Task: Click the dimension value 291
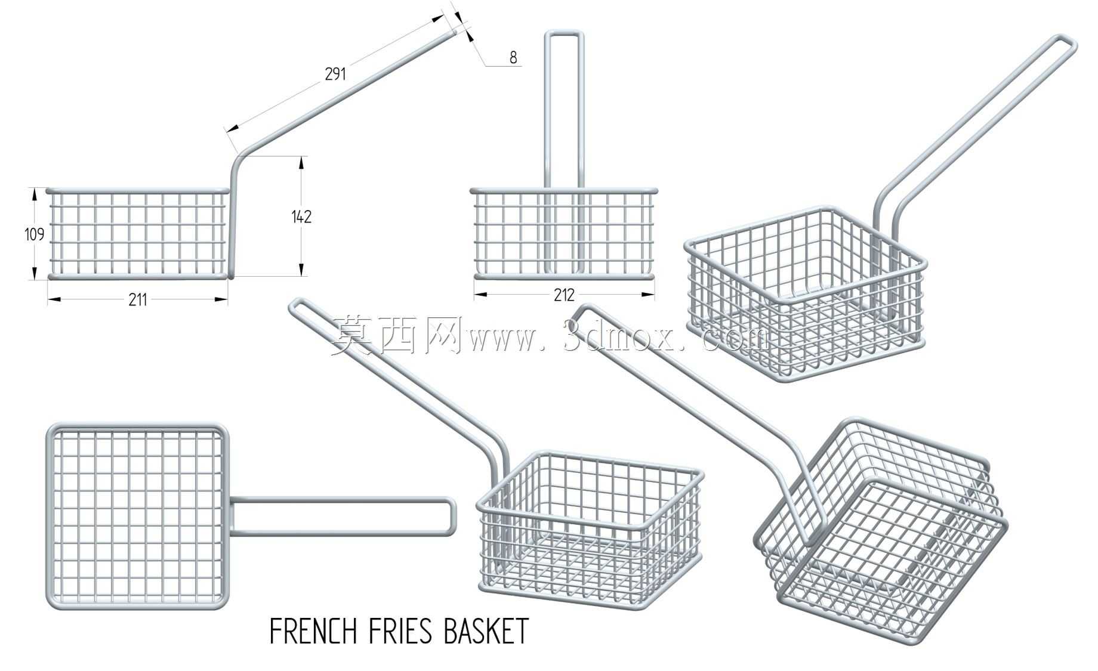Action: pos(335,74)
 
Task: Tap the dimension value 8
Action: pos(513,57)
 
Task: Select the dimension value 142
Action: pos(302,217)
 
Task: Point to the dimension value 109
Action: pos(35,234)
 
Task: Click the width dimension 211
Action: pos(138,299)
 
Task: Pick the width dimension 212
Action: pos(564,295)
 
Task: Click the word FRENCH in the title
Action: pos(314,631)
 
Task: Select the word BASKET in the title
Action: pos(486,631)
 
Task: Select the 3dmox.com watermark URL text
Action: pos(618,338)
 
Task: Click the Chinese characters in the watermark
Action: pos(397,336)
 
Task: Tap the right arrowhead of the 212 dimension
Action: pos(647,294)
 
